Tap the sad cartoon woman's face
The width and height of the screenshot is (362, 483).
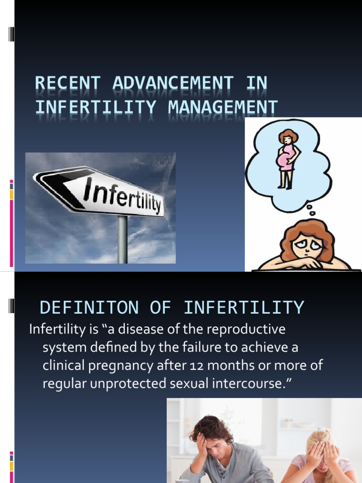[x=306, y=245]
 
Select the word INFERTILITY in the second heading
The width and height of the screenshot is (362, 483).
[x=244, y=308]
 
